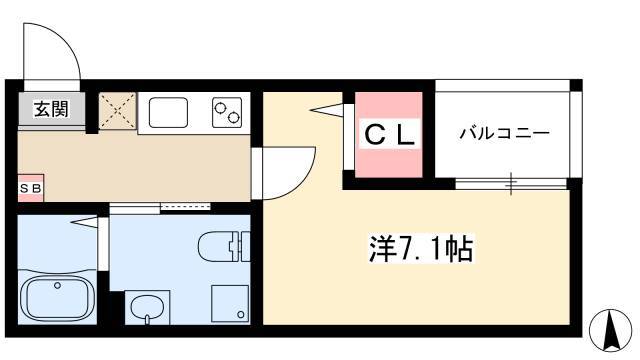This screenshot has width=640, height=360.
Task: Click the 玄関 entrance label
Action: pos(51,109)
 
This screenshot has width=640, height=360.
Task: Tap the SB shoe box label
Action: pos(31,189)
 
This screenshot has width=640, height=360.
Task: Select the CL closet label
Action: pos(389,134)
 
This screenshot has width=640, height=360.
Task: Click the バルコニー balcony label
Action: pos(504,133)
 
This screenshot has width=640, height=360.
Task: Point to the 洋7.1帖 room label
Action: pos(421,248)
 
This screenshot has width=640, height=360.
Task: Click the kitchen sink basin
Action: pos(168,112)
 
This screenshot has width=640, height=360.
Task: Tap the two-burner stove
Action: pos(227,112)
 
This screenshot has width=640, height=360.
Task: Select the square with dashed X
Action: pos(118,111)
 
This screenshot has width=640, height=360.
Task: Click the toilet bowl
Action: pos(215,246)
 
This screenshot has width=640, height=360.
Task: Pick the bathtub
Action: pos(58,297)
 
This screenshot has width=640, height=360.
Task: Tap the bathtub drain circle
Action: pos(58,285)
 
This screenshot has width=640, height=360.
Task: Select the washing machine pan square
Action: pos(230,303)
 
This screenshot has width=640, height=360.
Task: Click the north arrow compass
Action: pos(611,330)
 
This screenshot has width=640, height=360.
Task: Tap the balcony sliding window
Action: pos(511,184)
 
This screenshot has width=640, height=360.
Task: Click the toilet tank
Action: pos(240,246)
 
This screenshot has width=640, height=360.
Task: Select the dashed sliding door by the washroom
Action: pos(185,207)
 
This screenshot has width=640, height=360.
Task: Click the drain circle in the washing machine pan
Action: pos(241,315)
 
